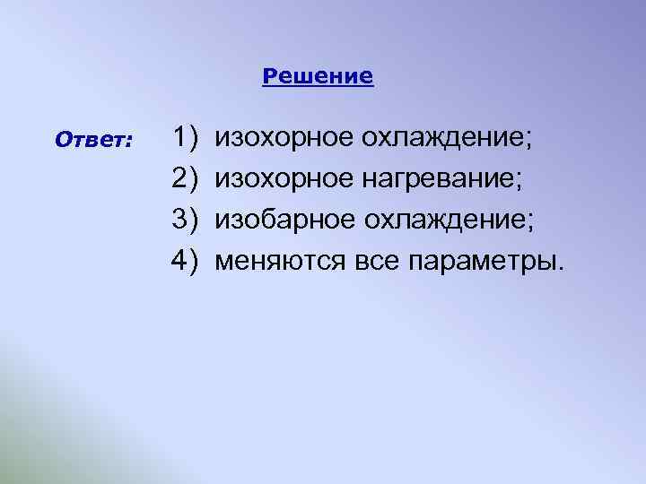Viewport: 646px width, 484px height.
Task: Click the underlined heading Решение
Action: click(x=319, y=76)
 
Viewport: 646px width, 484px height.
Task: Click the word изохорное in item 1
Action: click(x=284, y=139)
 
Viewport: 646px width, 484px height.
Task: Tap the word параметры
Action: click(x=483, y=262)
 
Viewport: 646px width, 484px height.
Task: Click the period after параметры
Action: click(x=563, y=268)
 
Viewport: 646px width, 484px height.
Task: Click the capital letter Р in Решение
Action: click(x=268, y=76)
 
